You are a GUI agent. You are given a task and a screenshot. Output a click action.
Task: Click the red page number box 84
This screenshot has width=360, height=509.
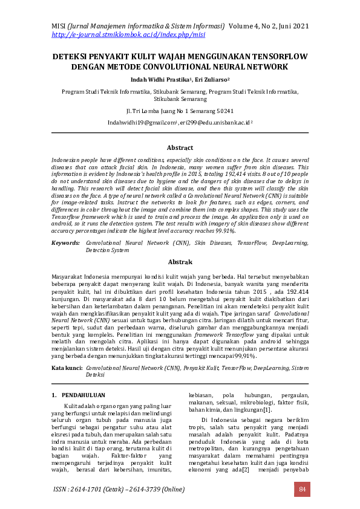click(x=302, y=488)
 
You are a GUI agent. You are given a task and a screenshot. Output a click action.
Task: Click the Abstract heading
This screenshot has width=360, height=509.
click(x=180, y=148)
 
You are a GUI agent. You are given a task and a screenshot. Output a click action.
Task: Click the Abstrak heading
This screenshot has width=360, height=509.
click(x=180, y=262)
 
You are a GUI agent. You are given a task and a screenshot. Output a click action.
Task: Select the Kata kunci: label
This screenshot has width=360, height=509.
click(x=67, y=367)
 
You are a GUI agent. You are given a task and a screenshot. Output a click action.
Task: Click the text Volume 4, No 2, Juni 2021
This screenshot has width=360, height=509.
click(x=268, y=26)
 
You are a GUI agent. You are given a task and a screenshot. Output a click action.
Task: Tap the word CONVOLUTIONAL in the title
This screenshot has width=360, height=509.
click(x=205, y=66)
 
